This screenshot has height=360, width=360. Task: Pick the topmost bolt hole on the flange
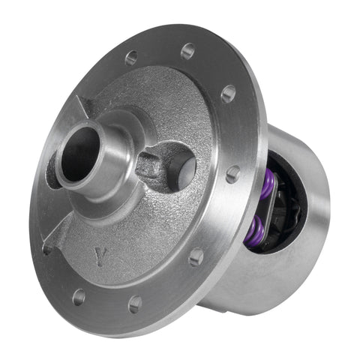point(132,57)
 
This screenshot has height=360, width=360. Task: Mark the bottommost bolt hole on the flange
point(135,303)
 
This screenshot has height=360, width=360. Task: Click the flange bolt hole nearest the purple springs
point(233,173)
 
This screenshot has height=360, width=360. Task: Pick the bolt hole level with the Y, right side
point(196,257)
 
